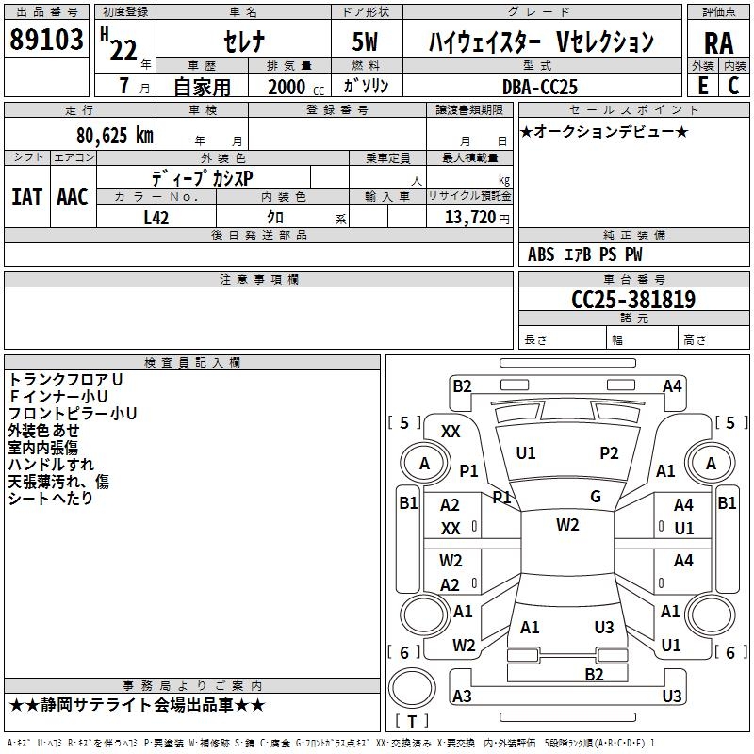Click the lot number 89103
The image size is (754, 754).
[46, 41]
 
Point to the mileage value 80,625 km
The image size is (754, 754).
[114, 136]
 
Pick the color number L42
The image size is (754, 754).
[157, 217]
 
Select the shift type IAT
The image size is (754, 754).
[26, 197]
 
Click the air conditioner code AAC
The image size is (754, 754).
[73, 197]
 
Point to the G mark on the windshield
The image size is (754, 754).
[596, 497]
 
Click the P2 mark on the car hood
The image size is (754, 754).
[610, 453]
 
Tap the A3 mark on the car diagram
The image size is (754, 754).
[462, 696]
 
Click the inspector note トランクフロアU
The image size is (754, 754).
[66, 379]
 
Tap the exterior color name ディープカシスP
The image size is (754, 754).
[202, 177]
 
